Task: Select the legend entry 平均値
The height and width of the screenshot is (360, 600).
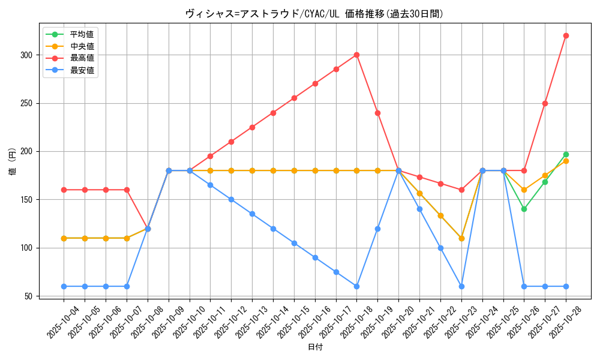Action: pos(82,34)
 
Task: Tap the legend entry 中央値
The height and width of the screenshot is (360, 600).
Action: pos(82,46)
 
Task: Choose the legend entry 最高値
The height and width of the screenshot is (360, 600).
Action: pos(82,58)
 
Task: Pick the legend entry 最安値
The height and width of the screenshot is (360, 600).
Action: pos(82,70)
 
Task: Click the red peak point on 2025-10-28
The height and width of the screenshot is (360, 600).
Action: pos(566,35)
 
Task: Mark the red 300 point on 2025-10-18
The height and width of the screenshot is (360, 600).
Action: pos(356,55)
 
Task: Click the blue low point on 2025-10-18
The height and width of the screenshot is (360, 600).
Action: pos(356,286)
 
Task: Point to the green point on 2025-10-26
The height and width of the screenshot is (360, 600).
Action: pos(524,209)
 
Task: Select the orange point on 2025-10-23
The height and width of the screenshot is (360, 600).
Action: pos(461,238)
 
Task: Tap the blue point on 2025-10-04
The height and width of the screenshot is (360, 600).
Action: pos(64,286)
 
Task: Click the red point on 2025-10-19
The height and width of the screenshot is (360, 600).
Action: pos(377,113)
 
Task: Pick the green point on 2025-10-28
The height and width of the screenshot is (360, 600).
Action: pos(566,154)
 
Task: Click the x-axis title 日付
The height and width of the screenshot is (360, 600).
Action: pos(315,347)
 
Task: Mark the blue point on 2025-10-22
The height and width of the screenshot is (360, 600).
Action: pos(440,248)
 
